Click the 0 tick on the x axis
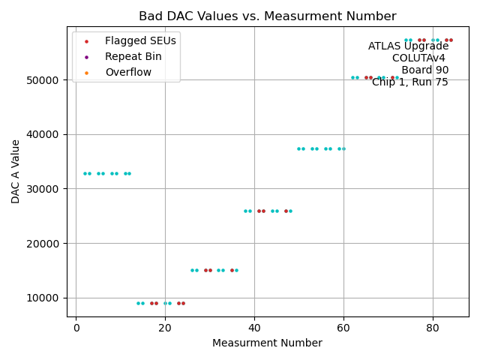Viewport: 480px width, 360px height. coord(76,327)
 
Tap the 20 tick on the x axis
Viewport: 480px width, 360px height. coord(165,327)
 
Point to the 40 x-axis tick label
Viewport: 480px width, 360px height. coord(254,327)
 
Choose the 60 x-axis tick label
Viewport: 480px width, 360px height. coord(343,327)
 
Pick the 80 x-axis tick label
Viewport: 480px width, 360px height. coord(433,327)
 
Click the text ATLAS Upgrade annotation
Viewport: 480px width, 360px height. coord(408,46)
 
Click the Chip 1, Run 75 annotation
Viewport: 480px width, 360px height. coord(410,82)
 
